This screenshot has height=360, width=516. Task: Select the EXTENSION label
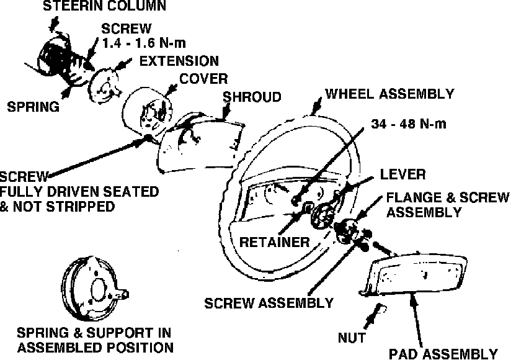tap(179, 61)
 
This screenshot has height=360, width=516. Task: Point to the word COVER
tap(203, 79)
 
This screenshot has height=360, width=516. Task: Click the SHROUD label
tap(252, 97)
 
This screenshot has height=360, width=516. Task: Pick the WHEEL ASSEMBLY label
tap(389, 94)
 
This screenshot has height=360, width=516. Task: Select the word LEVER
tap(403, 174)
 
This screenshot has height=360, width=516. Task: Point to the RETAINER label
tap(274, 241)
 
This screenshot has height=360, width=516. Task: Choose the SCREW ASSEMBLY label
tap(269, 303)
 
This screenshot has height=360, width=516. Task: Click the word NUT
tap(352, 338)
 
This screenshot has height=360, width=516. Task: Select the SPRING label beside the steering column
tap(33, 106)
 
